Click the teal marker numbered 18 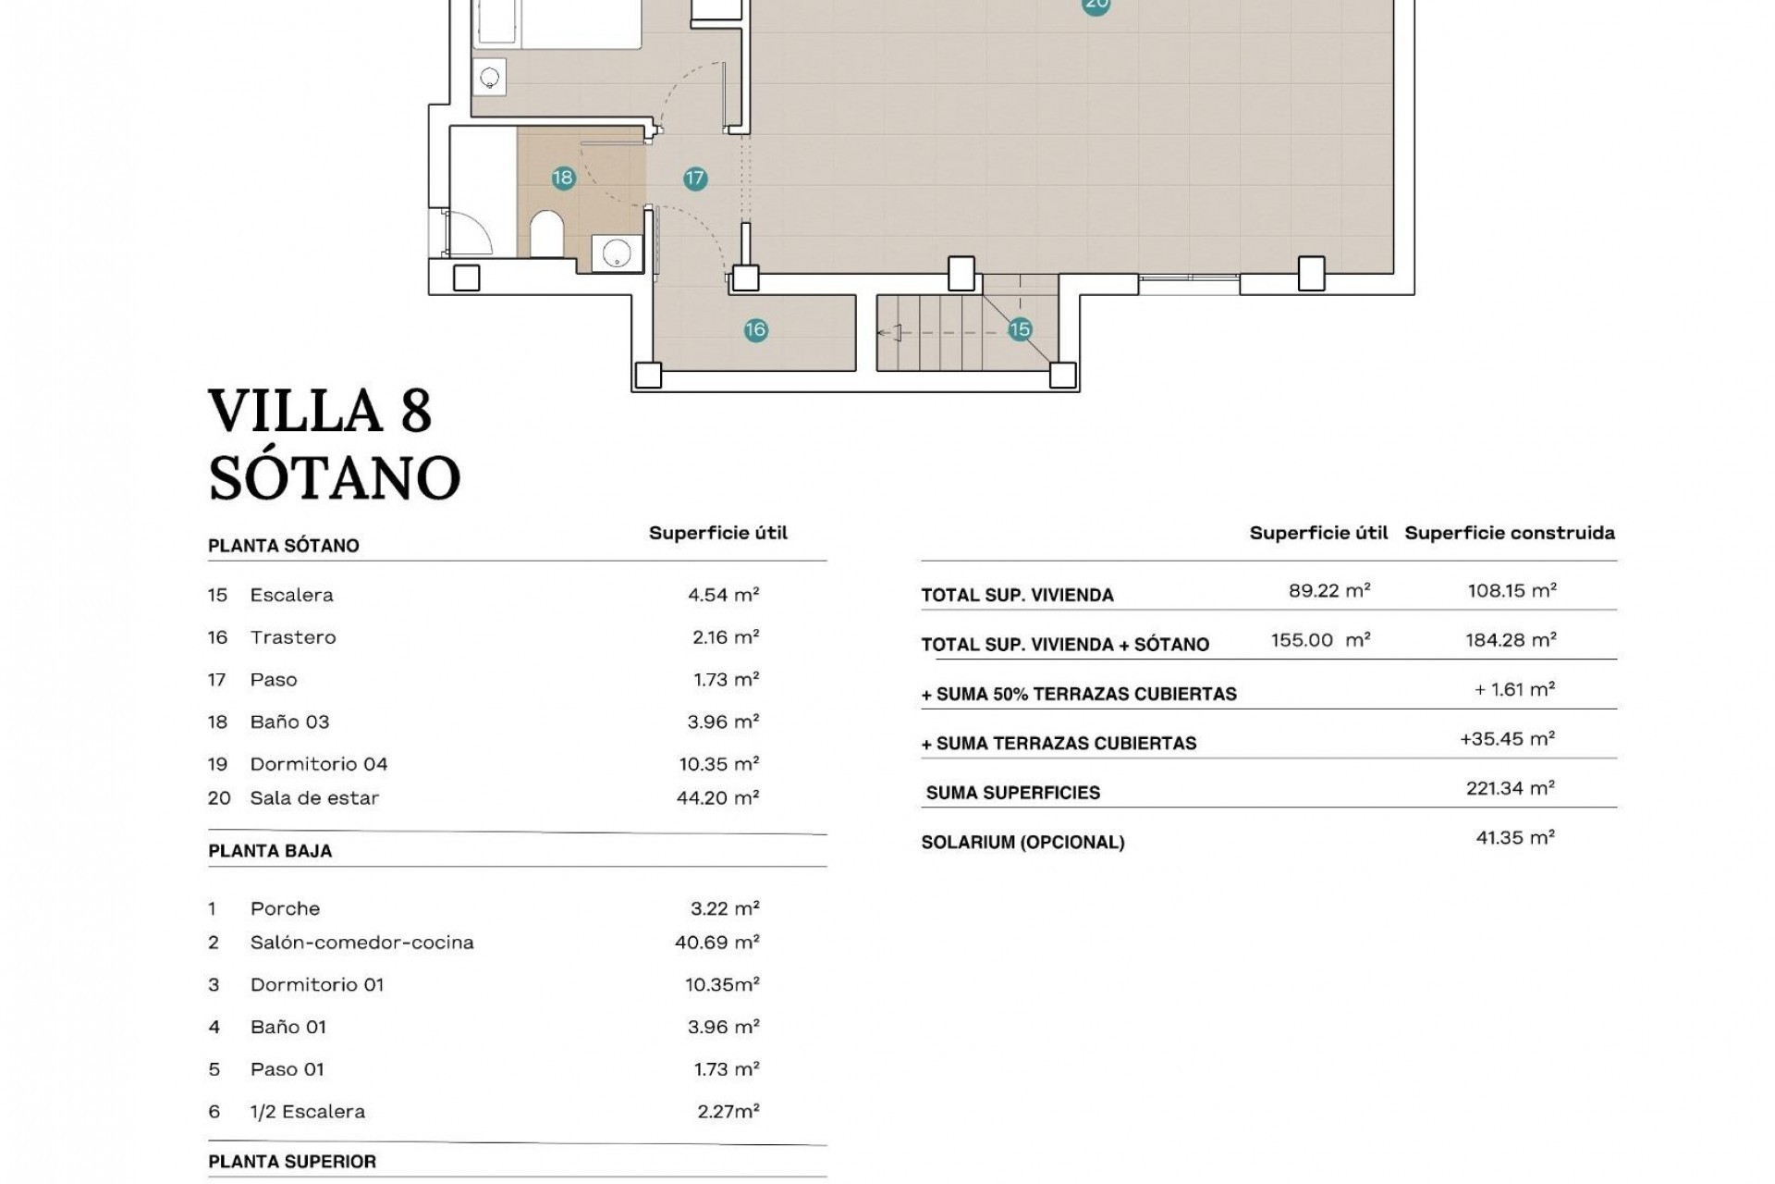563,178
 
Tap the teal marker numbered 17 695,179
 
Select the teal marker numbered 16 755,329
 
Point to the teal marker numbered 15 1019,329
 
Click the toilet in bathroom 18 546,235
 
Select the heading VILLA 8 320,411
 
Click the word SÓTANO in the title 334,477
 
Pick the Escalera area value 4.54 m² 723,595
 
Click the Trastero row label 292,637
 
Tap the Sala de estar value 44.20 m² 717,797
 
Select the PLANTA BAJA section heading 270,851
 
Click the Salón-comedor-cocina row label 361,943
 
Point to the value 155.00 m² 1319,640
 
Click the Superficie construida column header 1509,533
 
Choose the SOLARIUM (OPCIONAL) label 1022,843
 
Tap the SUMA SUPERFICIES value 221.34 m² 1510,788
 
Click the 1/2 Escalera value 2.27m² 728,1111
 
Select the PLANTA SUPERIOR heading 292,1162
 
